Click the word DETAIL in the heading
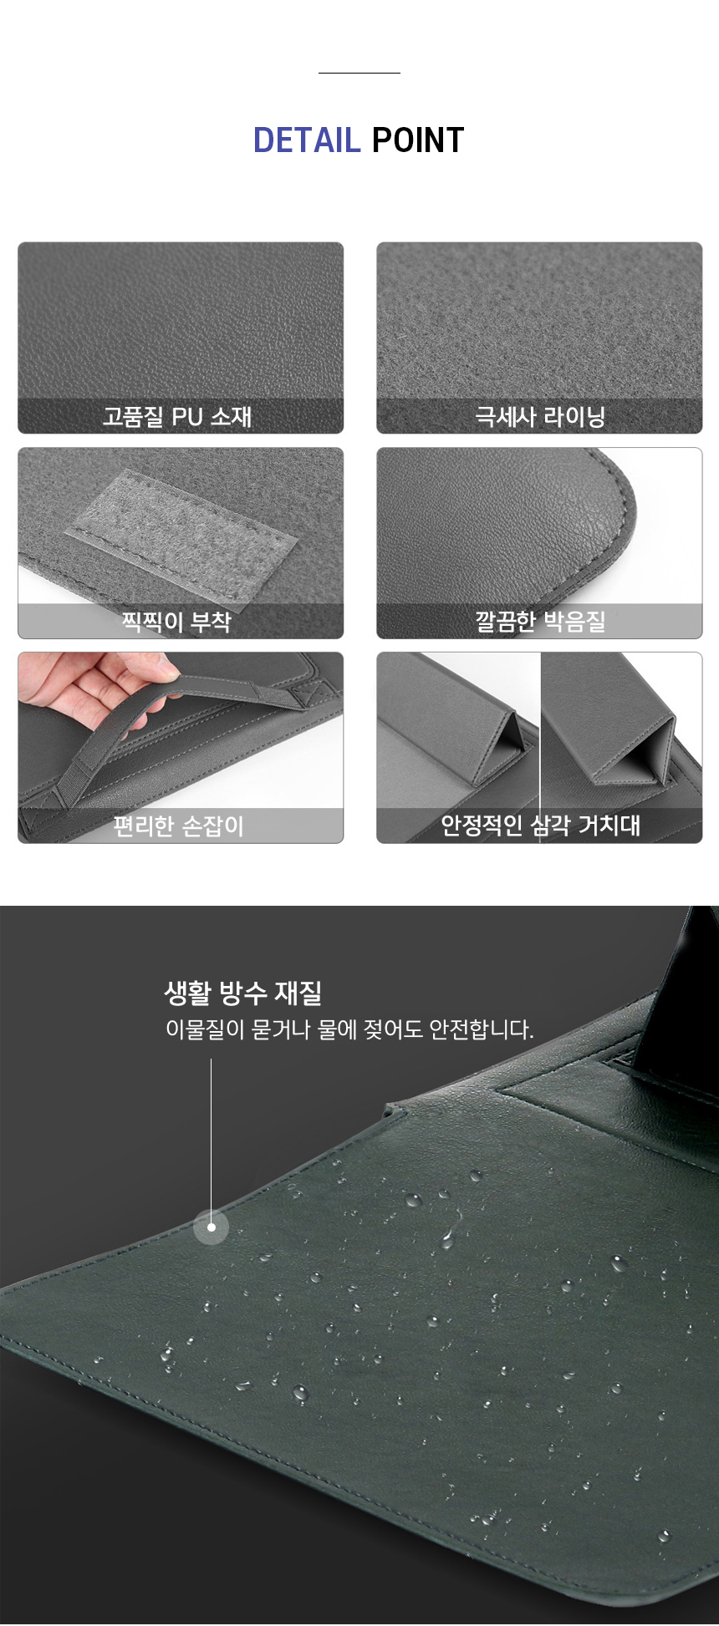click(306, 140)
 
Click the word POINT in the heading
click(418, 140)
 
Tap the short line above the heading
click(359, 73)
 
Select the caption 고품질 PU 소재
click(177, 416)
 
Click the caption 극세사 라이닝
click(540, 416)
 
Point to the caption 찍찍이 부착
click(176, 622)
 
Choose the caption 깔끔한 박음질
click(540, 622)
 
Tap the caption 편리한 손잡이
click(178, 826)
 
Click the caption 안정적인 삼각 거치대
click(540, 826)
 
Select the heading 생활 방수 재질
click(243, 993)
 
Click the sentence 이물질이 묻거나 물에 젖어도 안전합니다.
click(349, 1029)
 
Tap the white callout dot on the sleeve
click(211, 1227)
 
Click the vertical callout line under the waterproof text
click(211, 1141)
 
